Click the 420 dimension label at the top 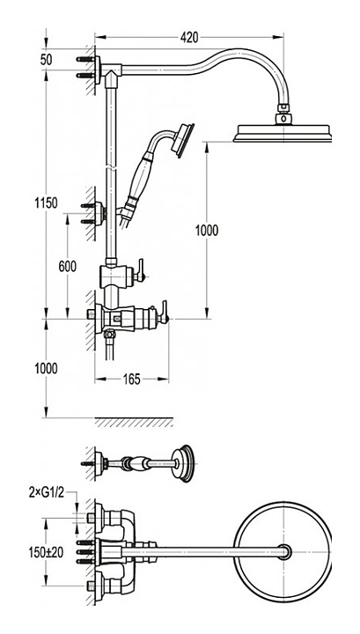[x=189, y=37]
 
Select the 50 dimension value [x=46, y=60]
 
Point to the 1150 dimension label [x=46, y=203]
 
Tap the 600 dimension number [x=68, y=267]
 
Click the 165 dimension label [x=132, y=379]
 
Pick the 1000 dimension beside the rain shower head [x=207, y=231]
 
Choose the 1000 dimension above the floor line [x=46, y=368]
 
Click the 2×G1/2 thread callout [x=47, y=492]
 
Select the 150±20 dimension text [x=46, y=552]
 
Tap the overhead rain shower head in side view [x=282, y=133]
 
